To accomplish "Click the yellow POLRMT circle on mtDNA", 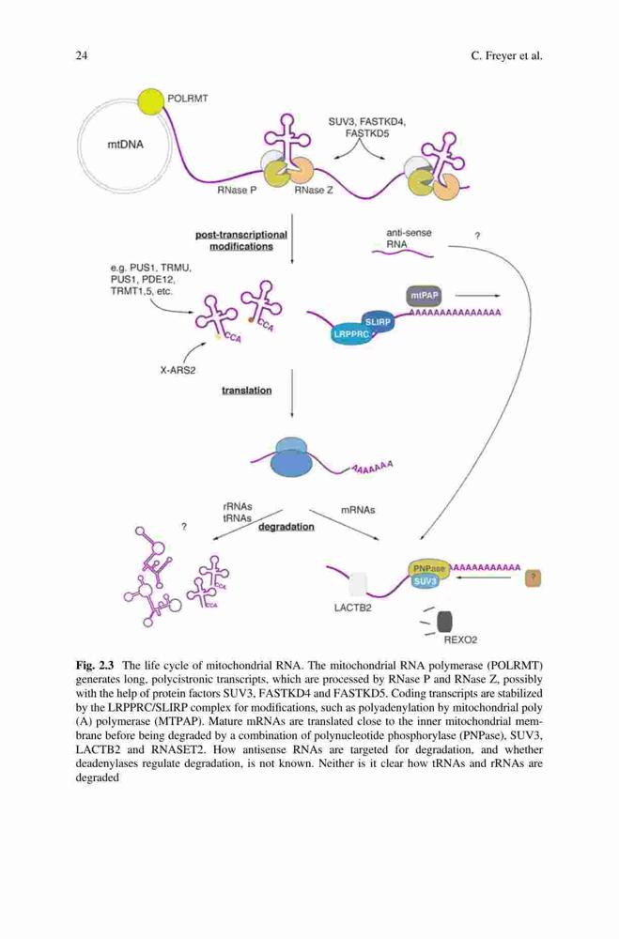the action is (150, 101).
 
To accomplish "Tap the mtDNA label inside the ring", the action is (125, 145).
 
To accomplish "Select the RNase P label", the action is (237, 191).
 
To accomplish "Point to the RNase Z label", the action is (314, 191).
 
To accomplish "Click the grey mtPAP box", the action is (424, 295).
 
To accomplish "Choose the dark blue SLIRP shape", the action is (377, 321).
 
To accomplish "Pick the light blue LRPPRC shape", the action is (351, 334).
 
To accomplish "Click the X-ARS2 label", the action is (178, 370).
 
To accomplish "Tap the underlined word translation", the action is (247, 391).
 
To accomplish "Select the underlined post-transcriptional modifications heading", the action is (241, 240).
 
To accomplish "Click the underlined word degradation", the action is (286, 527).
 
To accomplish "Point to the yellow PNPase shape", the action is (428, 569).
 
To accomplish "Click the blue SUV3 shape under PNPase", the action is (426, 581).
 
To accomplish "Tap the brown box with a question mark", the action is (534, 577).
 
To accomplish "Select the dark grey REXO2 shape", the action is (444, 622).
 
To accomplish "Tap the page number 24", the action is (82, 56).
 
